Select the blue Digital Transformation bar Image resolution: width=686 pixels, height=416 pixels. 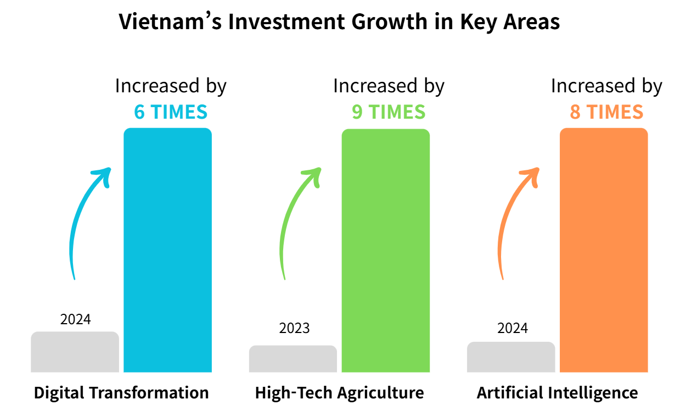(167, 250)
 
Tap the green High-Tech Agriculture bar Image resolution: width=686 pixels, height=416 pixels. (385, 250)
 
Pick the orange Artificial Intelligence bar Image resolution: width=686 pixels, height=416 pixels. (604, 250)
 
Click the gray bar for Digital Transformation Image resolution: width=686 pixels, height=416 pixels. (75, 352)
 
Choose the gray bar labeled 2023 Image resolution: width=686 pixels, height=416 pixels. (293, 358)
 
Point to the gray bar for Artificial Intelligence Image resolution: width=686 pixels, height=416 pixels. (511, 357)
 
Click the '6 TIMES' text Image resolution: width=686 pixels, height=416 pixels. (171, 112)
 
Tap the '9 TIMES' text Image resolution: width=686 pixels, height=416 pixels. (389, 112)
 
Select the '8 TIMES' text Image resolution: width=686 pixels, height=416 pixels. (606, 112)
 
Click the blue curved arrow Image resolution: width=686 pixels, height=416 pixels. (82, 220)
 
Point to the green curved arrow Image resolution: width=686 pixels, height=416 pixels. (292, 220)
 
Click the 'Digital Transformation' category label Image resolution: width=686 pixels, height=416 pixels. (121, 393)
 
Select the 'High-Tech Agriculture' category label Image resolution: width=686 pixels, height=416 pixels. (339, 393)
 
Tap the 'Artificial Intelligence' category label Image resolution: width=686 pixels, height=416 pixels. (557, 393)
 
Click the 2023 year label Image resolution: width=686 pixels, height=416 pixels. (294, 329)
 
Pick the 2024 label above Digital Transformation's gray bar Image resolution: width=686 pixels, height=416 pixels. (75, 319)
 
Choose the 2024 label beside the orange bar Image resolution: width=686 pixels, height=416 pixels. (513, 329)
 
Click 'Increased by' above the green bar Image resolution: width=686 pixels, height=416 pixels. (389, 86)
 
